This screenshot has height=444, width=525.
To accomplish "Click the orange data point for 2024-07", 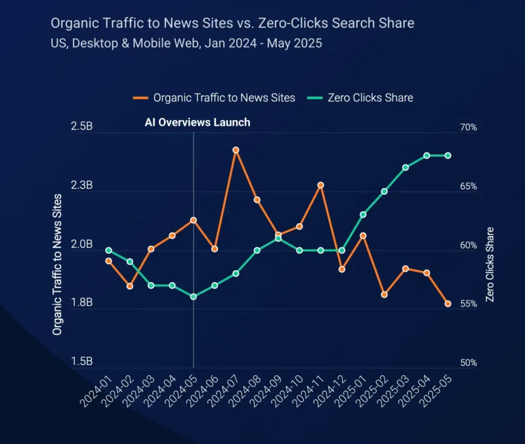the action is [x=236, y=150].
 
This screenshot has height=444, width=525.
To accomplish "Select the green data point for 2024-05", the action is [x=193, y=297].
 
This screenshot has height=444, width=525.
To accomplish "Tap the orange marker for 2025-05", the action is [x=448, y=304].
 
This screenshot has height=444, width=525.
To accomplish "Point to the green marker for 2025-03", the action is [x=406, y=167].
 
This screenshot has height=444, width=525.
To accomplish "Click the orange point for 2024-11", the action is [x=320, y=185].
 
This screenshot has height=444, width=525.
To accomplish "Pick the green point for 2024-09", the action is [x=278, y=239].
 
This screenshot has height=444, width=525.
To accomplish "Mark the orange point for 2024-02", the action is [x=130, y=286].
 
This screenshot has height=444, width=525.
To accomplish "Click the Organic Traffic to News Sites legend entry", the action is [x=214, y=98].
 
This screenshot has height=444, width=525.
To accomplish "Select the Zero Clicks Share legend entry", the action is [x=360, y=98].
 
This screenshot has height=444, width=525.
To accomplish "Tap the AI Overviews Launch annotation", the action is [x=198, y=122].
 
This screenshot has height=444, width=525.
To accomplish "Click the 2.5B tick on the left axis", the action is [x=81, y=127].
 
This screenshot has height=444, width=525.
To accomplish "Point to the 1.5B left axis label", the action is [x=81, y=361].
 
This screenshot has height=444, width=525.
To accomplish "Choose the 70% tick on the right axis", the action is [x=469, y=127].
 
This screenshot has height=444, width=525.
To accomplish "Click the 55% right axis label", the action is [x=469, y=304].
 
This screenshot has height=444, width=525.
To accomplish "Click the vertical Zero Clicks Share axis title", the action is [x=490, y=264].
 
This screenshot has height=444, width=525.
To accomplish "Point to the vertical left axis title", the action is [x=57, y=264].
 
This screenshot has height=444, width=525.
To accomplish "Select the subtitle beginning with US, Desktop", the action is [x=186, y=43].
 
